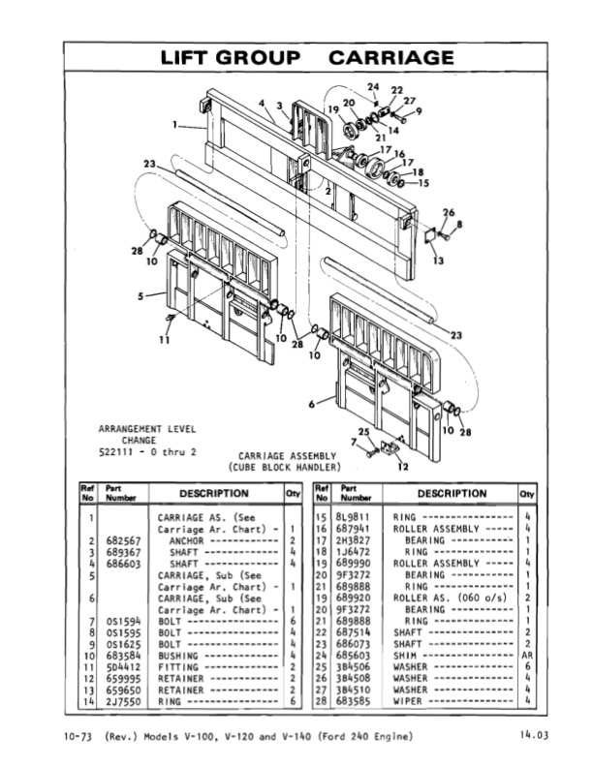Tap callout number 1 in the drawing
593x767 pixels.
tap(175, 124)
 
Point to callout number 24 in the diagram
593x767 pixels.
tap(373, 87)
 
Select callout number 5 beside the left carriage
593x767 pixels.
tap(140, 294)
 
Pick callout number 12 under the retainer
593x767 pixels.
tap(402, 467)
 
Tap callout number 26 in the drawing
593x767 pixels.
tap(448, 212)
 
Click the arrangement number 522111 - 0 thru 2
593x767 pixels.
tap(146, 452)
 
